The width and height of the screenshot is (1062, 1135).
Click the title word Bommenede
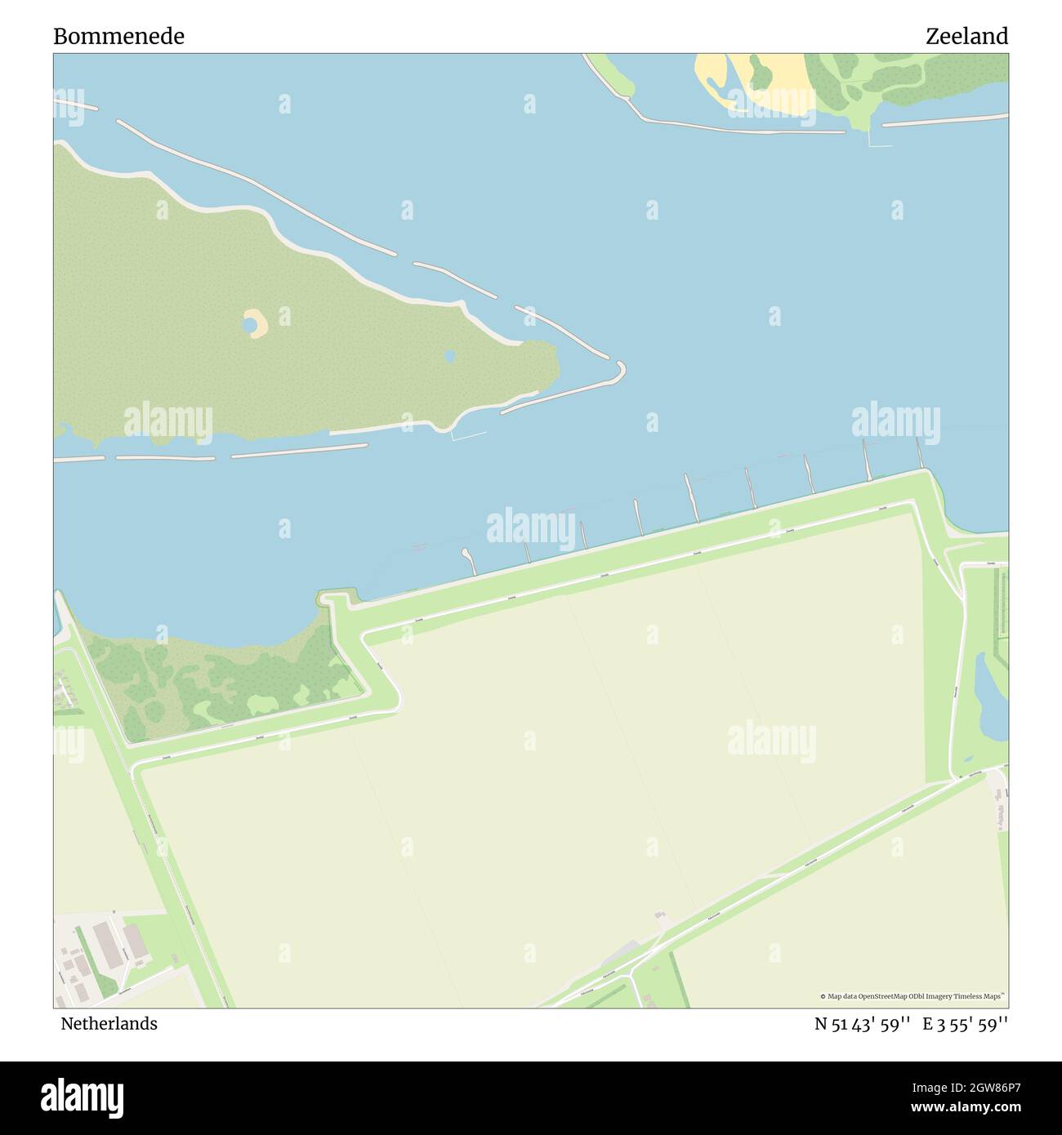[x=118, y=36]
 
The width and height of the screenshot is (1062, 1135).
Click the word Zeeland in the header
[x=966, y=36]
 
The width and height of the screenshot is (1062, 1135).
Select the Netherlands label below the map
[x=109, y=1023]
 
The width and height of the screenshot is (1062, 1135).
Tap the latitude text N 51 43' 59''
[x=862, y=1024]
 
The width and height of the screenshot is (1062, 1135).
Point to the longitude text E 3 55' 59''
[x=966, y=1024]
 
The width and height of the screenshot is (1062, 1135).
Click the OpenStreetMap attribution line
[x=913, y=996]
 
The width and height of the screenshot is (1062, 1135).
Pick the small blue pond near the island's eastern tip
[x=449, y=356]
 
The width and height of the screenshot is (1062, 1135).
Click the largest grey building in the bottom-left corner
[x=105, y=943]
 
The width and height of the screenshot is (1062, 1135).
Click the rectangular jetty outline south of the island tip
[x=469, y=434]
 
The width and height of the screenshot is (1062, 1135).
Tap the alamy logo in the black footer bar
[x=83, y=1097]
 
